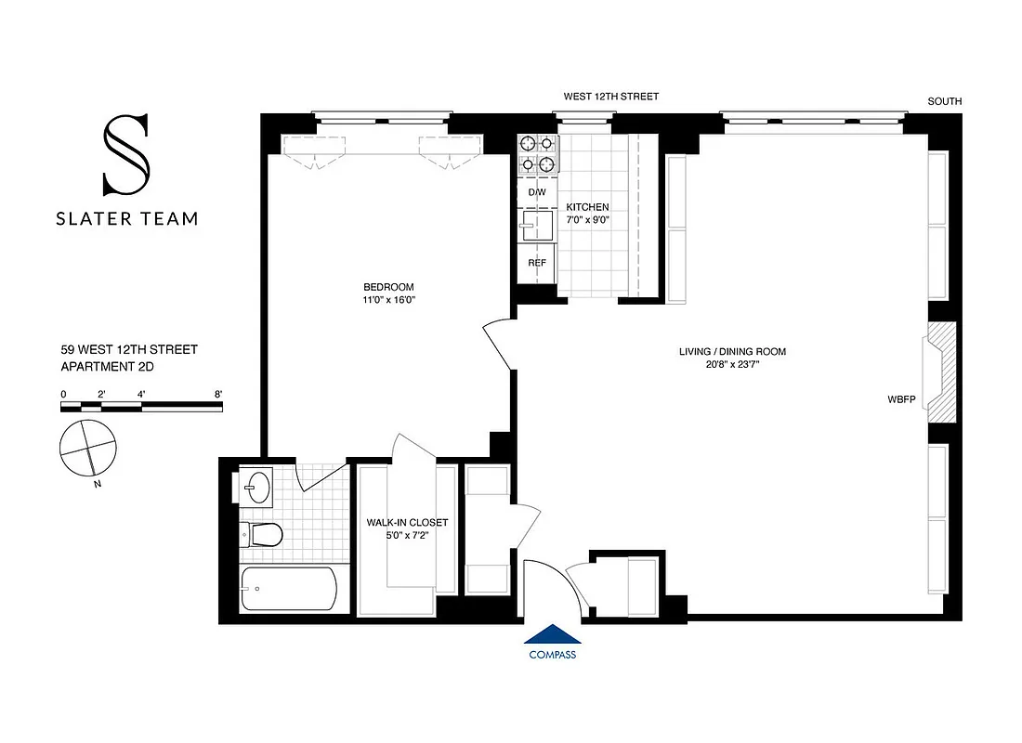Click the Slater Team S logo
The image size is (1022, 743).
click(125, 154)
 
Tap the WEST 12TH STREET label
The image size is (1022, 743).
click(611, 97)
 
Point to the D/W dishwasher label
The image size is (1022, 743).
click(537, 192)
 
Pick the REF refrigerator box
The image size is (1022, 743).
click(537, 262)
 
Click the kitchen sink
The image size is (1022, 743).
click(536, 226)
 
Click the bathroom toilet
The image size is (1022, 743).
click(263, 534)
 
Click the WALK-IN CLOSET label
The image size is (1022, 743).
click(408, 523)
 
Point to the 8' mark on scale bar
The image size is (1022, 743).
click(219, 394)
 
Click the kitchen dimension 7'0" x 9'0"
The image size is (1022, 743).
click(588, 221)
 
